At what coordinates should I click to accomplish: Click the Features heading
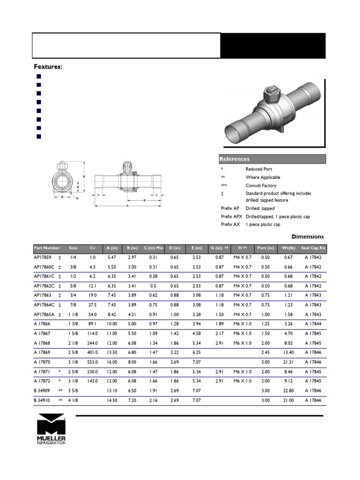click(x=48, y=67)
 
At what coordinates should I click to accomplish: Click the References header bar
click(x=272, y=159)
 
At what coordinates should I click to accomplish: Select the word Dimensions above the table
click(x=307, y=237)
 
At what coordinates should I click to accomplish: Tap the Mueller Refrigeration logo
click(x=52, y=429)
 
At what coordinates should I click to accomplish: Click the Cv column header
click(x=93, y=247)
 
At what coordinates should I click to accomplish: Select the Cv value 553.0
click(x=92, y=362)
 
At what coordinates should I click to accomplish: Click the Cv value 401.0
click(x=92, y=352)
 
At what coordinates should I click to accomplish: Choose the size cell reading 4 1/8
click(x=74, y=400)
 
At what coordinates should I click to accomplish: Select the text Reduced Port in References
click(x=259, y=169)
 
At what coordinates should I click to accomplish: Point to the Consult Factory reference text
click(x=261, y=186)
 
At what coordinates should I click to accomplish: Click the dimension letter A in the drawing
click(x=127, y=206)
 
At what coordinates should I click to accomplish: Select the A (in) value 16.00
click(x=112, y=362)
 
